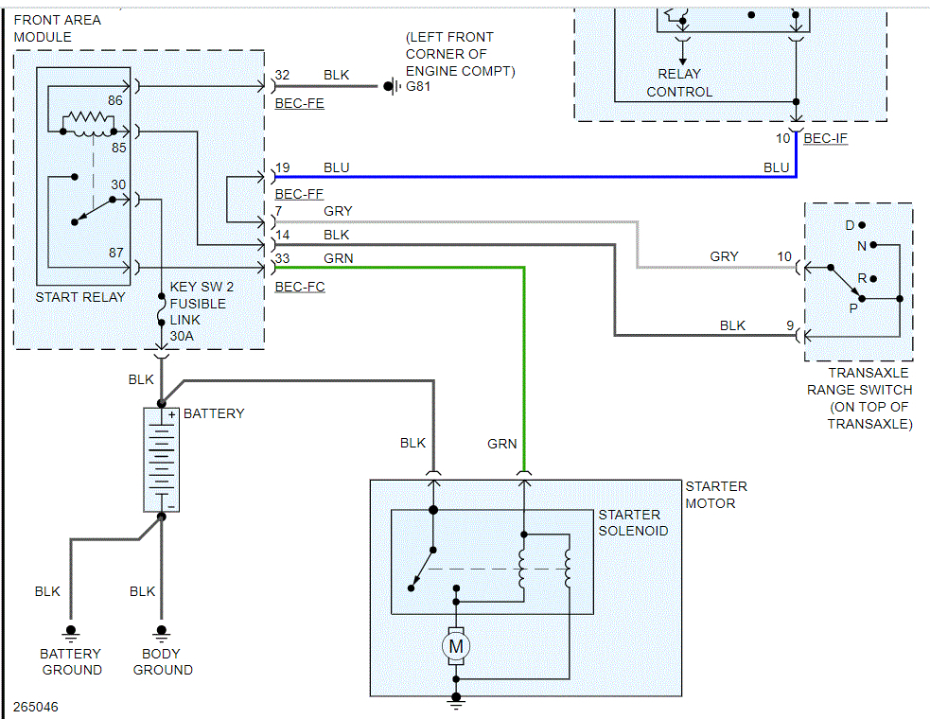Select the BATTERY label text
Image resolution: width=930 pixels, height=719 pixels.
tap(214, 413)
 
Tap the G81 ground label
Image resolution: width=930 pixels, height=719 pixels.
tap(417, 88)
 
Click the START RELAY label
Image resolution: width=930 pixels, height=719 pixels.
tap(80, 297)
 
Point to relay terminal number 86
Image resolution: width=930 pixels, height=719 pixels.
tap(115, 99)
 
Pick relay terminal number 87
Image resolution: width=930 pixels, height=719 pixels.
tap(115, 253)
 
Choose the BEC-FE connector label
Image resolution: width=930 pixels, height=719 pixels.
tap(299, 103)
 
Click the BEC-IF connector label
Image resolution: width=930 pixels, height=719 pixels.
tap(827, 139)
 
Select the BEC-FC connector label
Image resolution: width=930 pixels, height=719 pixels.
tap(299, 287)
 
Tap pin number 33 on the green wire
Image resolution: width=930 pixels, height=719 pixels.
tap(282, 258)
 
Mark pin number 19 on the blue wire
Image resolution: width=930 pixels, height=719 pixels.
tap(282, 168)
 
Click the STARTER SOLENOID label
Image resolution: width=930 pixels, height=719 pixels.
tap(633, 522)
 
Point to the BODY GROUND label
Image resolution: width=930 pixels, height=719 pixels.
tap(163, 661)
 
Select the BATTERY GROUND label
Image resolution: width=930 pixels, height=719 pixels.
tap(71, 661)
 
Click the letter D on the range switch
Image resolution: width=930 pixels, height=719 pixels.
tap(850, 225)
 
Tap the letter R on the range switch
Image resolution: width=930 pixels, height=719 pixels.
tap(862, 278)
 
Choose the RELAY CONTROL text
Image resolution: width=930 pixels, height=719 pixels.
tap(679, 83)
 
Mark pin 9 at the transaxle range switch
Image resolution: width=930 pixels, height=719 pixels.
tap(789, 325)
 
